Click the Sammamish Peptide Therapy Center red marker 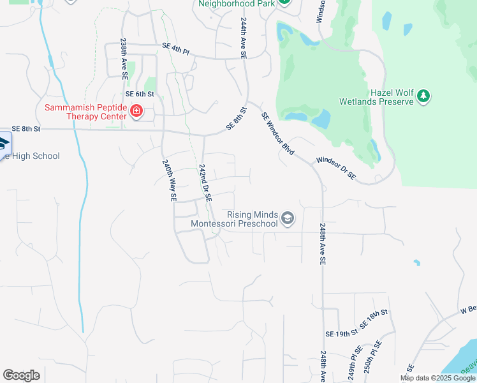pos(136,112)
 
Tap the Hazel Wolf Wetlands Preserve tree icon pos(423,96)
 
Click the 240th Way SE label pos(168,181)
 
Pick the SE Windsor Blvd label pos(278,133)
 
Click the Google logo pos(21,375)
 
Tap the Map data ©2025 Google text pos(437,378)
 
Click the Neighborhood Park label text pos(236,3)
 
